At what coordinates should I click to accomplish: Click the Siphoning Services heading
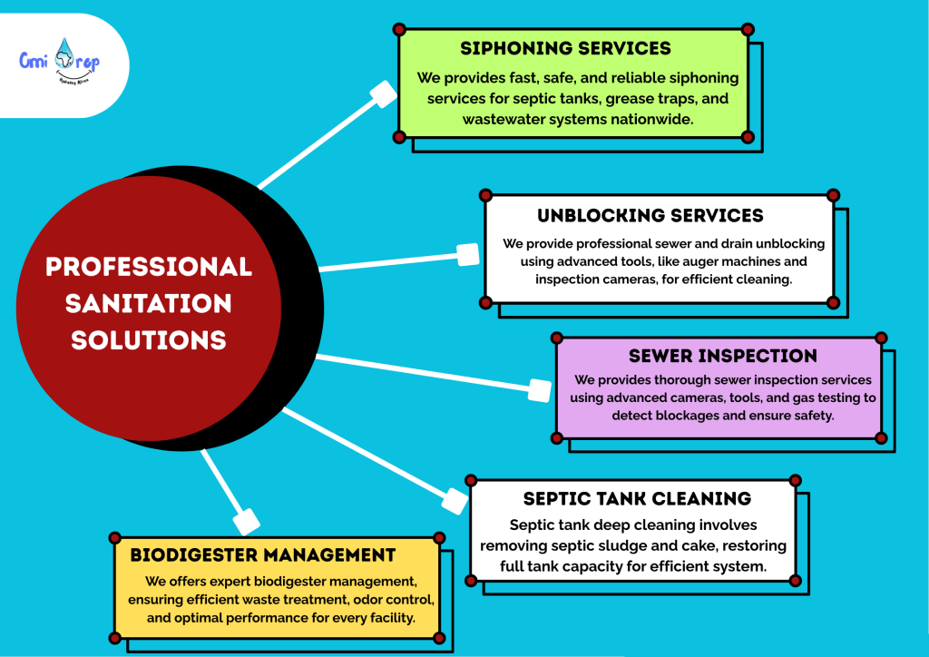(x=565, y=48)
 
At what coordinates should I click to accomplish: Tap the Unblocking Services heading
(x=650, y=216)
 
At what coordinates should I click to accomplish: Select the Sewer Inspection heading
(x=723, y=356)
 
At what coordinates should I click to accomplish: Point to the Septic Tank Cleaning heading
(x=637, y=499)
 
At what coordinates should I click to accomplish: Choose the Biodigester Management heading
(x=263, y=555)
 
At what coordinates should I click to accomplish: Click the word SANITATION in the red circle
(x=148, y=303)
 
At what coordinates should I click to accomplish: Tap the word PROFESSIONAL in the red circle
(x=148, y=267)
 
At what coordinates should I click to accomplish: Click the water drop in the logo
(x=65, y=55)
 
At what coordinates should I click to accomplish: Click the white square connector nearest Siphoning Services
(x=383, y=94)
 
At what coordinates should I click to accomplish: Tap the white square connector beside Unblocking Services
(x=468, y=255)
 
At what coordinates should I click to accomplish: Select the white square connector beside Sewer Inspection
(x=540, y=390)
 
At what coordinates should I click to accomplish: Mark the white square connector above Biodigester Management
(x=246, y=521)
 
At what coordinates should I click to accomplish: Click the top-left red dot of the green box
(x=399, y=30)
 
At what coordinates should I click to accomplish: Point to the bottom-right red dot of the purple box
(x=881, y=438)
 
